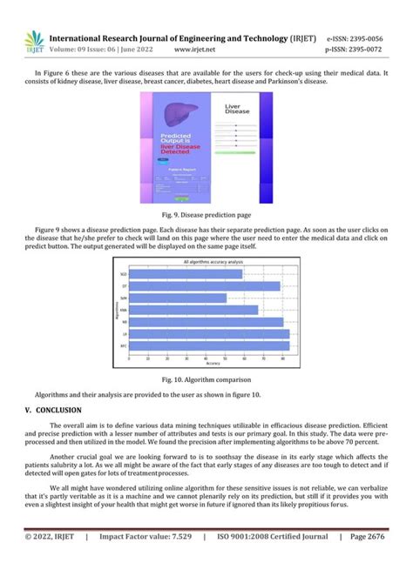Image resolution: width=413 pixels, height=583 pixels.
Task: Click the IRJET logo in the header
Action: (x=34, y=43)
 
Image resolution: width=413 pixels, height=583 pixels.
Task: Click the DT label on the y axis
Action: (x=125, y=286)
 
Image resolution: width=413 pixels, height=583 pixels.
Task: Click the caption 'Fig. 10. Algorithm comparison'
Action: (x=206, y=380)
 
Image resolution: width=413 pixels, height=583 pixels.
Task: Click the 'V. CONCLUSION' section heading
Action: (x=53, y=409)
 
